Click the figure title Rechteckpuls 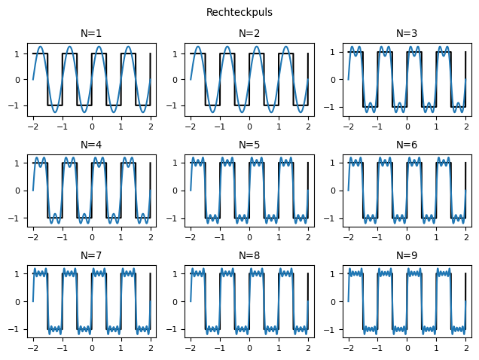point(239,13)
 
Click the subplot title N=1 point(91,33)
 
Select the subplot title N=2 point(249,33)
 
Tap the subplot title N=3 point(407,33)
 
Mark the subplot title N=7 point(91,255)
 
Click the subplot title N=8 point(249,255)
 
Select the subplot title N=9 point(407,255)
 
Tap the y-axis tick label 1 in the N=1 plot point(20,54)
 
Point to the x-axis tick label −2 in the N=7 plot point(32,349)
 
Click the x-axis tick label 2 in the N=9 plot point(466,349)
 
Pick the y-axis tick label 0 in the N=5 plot point(178,191)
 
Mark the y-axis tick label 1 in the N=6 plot point(337,163)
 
